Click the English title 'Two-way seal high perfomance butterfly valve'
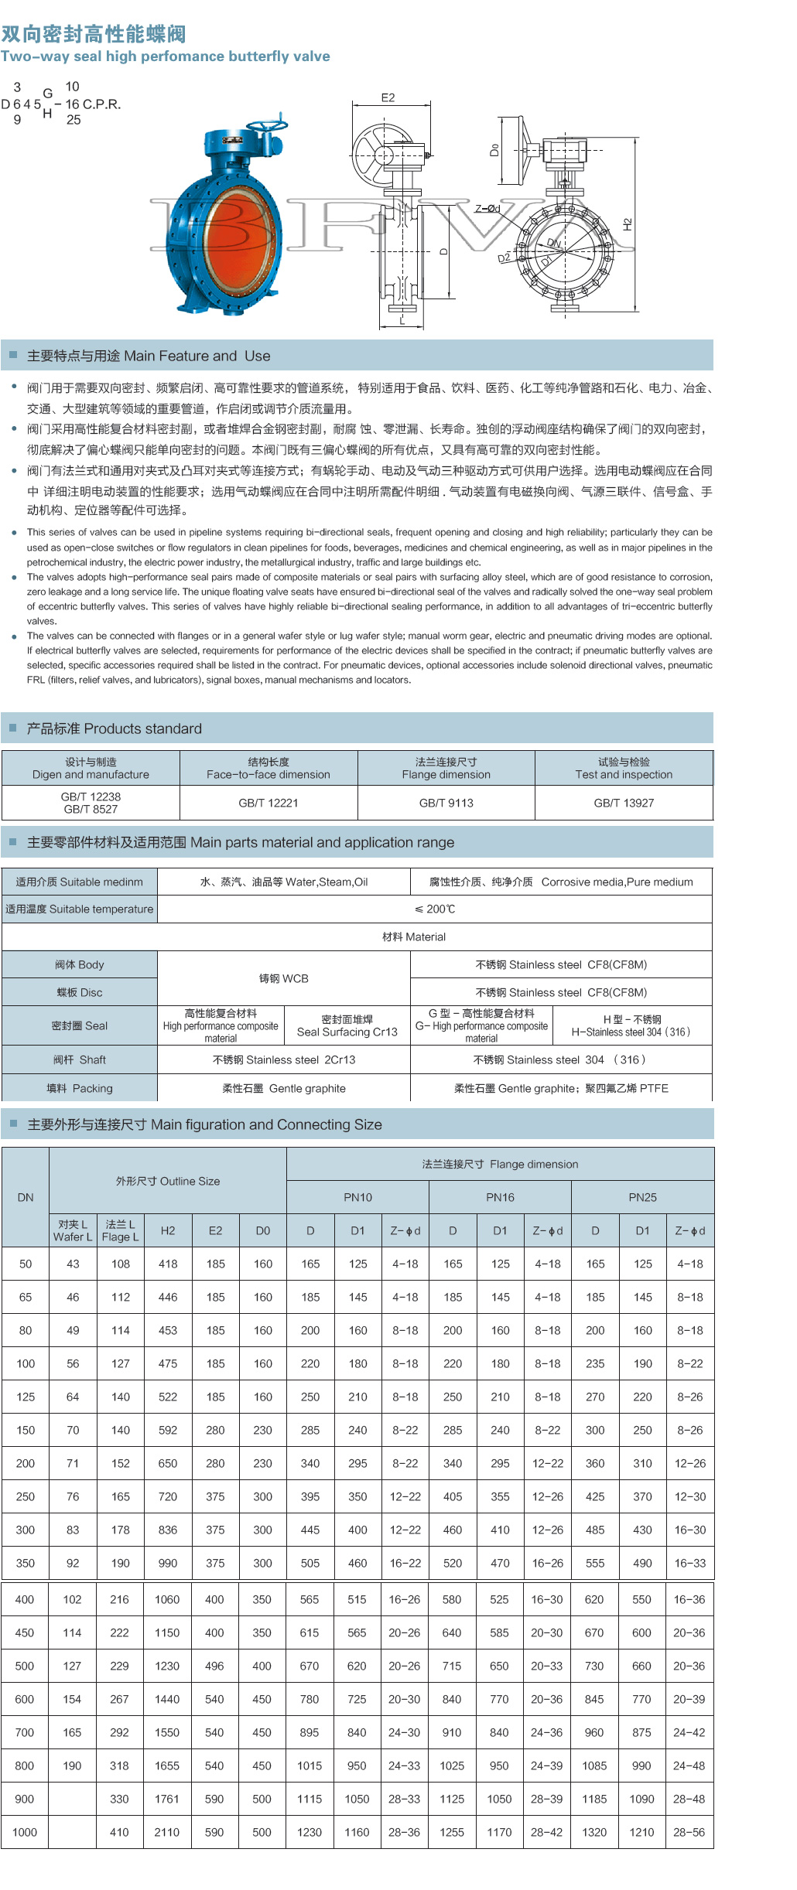pos(165,56)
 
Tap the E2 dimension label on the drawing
pos(388,97)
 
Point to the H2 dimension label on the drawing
pos(628,224)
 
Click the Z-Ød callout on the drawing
pos(487,208)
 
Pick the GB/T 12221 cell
pos(269,803)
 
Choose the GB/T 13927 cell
pos(624,803)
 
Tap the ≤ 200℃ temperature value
pos(434,909)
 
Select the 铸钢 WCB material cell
pos(283,978)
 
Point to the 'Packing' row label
pos(80,1088)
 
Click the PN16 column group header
pos(500,1197)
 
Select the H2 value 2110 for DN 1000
pos(167,1832)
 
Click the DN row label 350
pos(26,1563)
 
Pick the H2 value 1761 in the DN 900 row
pos(167,1799)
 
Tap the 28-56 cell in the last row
pos(689,1832)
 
